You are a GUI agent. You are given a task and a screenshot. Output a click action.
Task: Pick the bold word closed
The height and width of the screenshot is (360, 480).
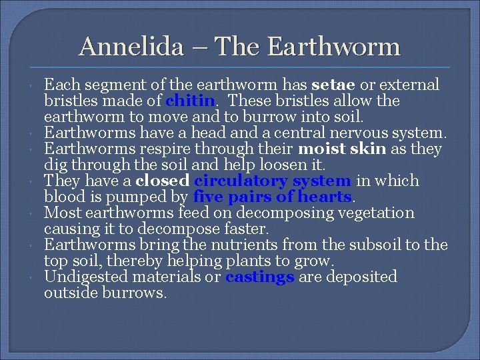pyautogui.click(x=161, y=181)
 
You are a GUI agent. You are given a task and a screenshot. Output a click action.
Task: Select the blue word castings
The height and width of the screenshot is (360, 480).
pyautogui.click(x=259, y=277)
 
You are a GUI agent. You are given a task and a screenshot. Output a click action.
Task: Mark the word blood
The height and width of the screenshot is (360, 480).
pyautogui.click(x=64, y=197)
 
